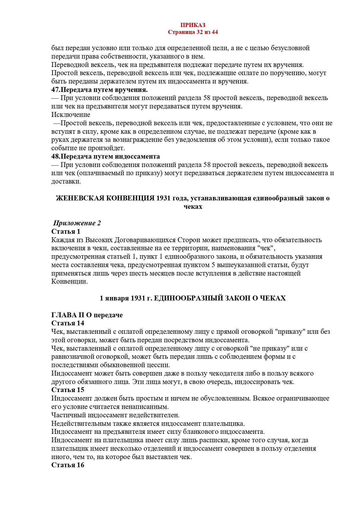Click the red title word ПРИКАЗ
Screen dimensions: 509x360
(x=193, y=25)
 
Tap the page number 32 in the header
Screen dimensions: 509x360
(x=199, y=32)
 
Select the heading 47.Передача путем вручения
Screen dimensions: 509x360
(x=100, y=90)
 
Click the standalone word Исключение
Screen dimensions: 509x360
(x=70, y=115)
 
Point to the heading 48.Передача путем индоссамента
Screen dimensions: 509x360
(x=106, y=156)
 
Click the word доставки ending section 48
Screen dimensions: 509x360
(x=66, y=182)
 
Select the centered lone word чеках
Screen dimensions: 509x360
(x=193, y=207)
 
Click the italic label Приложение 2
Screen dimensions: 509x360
(x=77, y=223)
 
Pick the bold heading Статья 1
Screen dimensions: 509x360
(x=66, y=231)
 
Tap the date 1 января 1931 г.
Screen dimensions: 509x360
(x=126, y=298)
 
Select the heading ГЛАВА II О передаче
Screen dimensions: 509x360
(x=87, y=315)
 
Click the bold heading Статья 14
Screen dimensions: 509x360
(x=68, y=323)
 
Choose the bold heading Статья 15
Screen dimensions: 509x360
(x=68, y=390)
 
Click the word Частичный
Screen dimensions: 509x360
(x=68, y=415)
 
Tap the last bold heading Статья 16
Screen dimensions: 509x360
(x=68, y=465)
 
